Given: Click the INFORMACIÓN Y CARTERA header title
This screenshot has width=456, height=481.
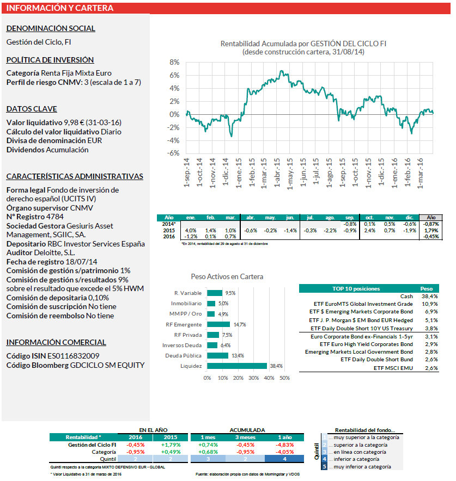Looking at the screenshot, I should click(60, 8).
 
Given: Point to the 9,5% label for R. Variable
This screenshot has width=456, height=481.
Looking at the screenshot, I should click(230, 293).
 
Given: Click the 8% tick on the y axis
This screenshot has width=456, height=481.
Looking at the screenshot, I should click(174, 63).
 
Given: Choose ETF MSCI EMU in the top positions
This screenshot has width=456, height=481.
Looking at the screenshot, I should click(394, 368).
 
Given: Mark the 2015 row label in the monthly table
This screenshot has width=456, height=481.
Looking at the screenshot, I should click(169, 230).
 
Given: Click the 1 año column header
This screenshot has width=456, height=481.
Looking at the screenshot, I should click(284, 437).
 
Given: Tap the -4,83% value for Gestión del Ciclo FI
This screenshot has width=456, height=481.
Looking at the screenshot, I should click(284, 444).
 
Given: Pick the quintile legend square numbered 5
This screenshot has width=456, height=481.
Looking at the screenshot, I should click(325, 467).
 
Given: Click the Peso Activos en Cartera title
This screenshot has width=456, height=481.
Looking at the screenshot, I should click(227, 277).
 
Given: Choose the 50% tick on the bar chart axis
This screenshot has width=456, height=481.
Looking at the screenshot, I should click(284, 378).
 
